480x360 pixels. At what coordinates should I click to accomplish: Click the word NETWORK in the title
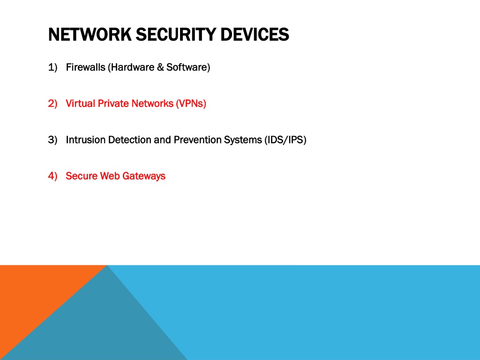pyautogui.click(x=90, y=34)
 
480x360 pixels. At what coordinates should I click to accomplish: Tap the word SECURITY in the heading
pyautogui.click(x=176, y=34)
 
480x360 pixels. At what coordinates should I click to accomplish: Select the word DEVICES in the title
pyautogui.click(x=255, y=34)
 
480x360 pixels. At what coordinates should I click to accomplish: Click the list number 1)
pyautogui.click(x=52, y=67)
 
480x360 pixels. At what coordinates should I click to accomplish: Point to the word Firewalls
pyautogui.click(x=85, y=67)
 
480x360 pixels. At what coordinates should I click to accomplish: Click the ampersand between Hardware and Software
pyautogui.click(x=160, y=67)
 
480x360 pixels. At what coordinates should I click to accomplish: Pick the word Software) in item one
pyautogui.click(x=188, y=67)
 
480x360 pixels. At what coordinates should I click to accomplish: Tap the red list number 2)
pyautogui.click(x=52, y=104)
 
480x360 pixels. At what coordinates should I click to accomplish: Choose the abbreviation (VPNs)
pyautogui.click(x=191, y=104)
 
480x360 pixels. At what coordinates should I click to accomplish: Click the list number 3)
pyautogui.click(x=52, y=140)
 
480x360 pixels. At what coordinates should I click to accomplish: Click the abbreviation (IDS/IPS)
pyautogui.click(x=285, y=140)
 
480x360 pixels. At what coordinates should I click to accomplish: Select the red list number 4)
pyautogui.click(x=52, y=176)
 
